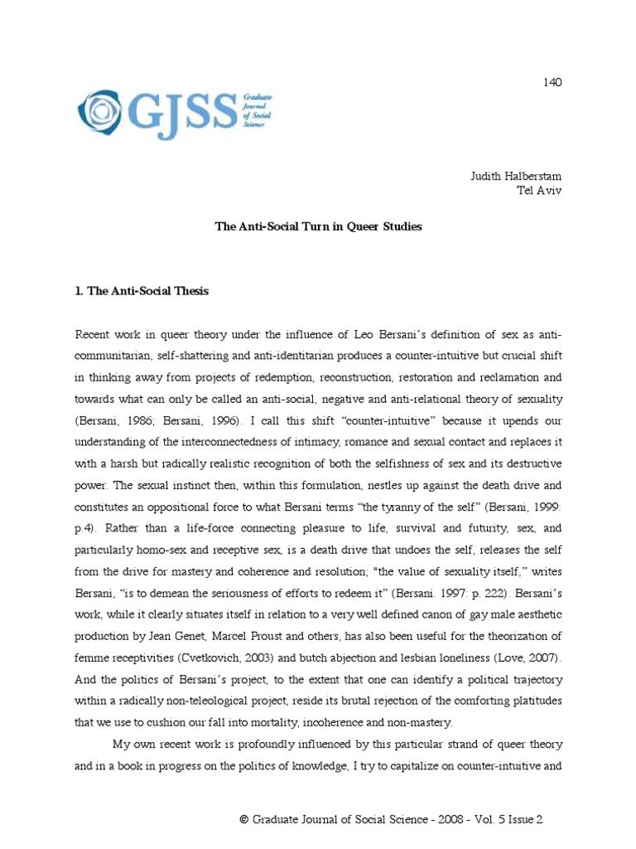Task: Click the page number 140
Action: tap(552, 81)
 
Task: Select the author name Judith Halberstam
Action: tap(516, 177)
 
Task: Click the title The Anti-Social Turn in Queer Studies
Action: tap(318, 226)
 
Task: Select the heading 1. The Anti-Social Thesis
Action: tap(142, 291)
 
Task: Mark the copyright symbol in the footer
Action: tap(244, 820)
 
